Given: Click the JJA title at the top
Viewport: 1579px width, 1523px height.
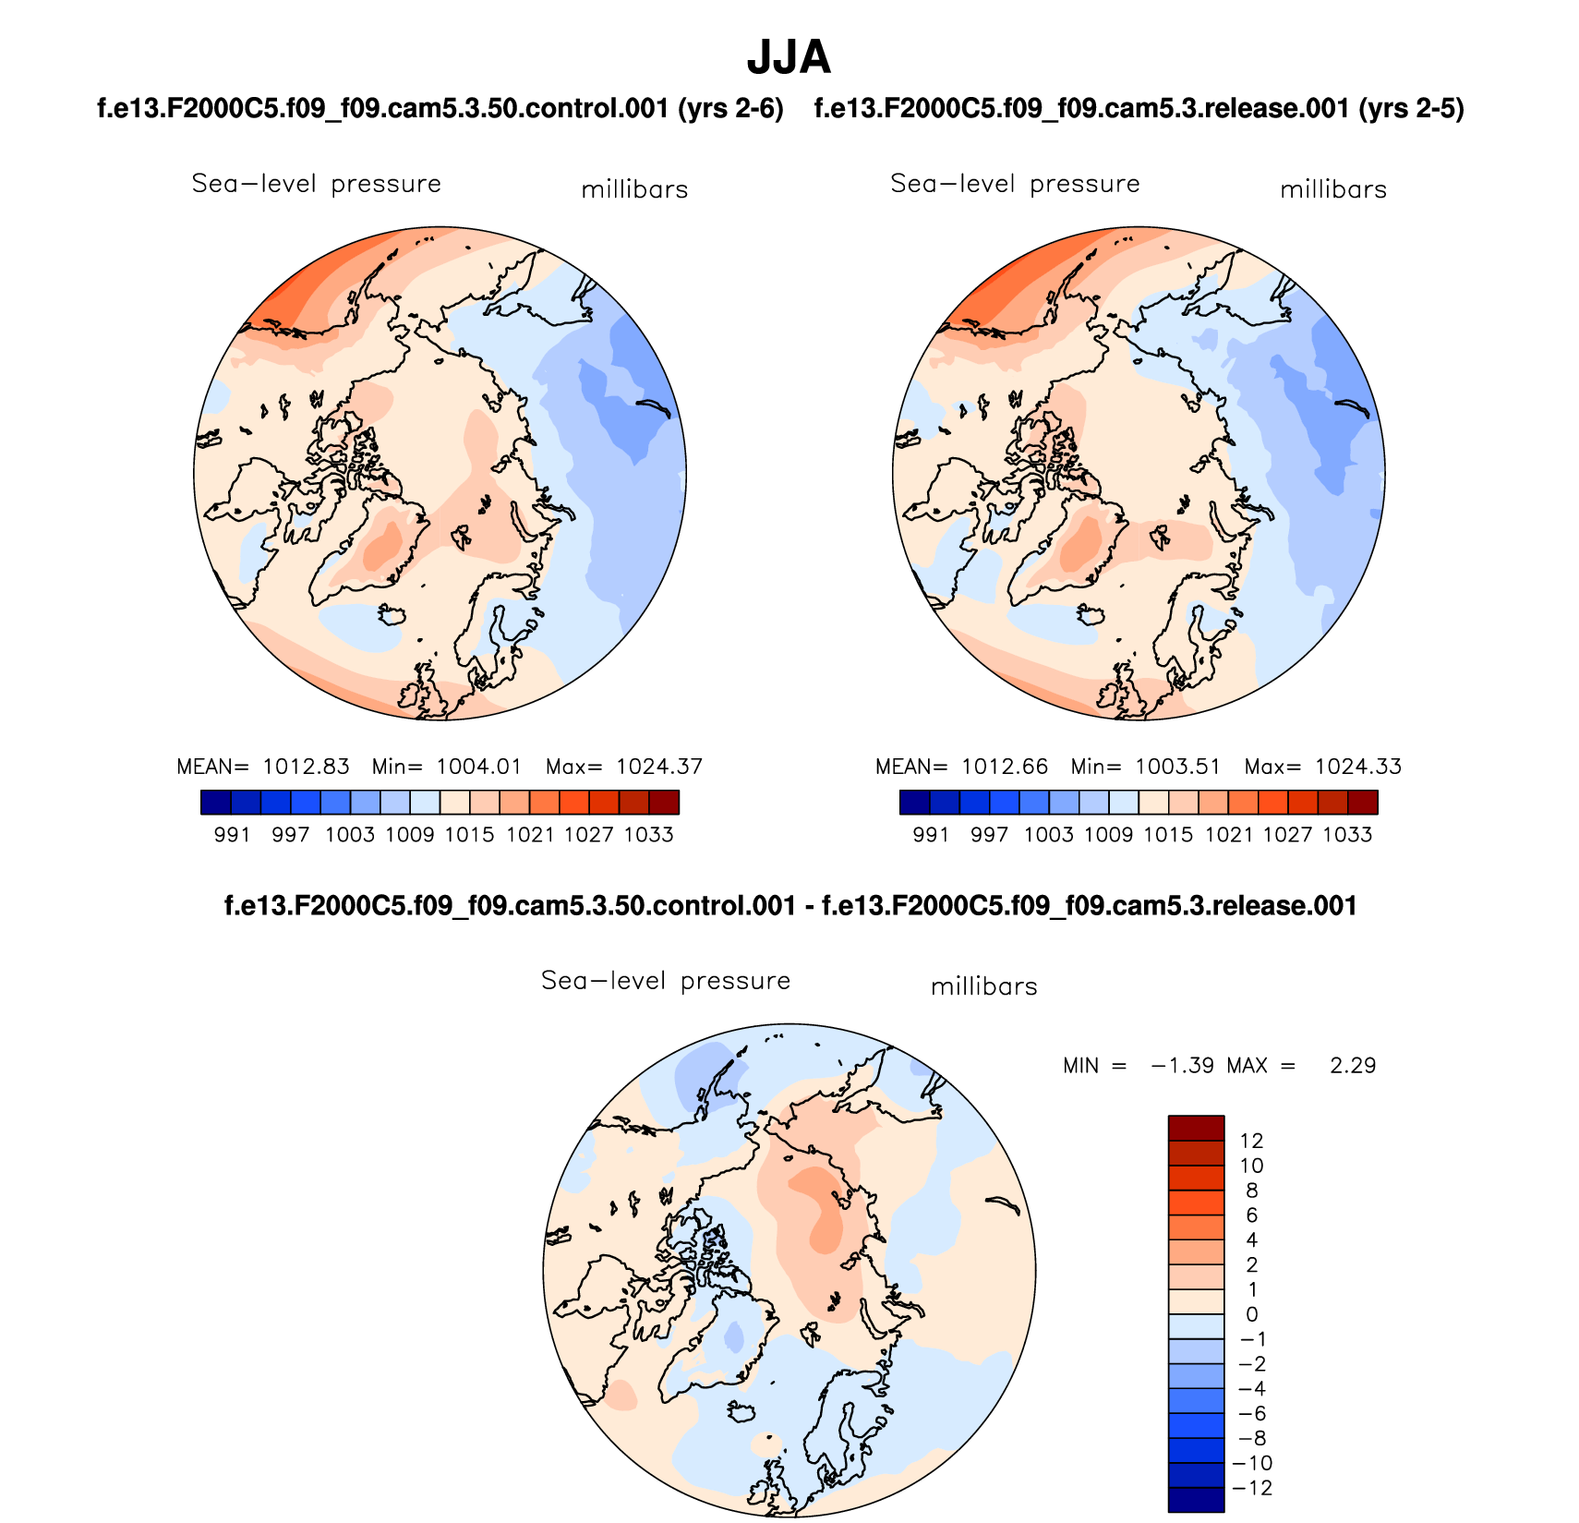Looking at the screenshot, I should [789, 57].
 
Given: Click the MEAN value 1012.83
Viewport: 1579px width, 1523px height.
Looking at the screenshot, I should [306, 767].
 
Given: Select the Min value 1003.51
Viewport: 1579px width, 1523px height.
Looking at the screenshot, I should [1177, 767].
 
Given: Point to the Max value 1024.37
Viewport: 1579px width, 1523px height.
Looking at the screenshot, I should [659, 767].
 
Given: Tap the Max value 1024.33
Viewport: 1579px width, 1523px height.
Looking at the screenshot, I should [1357, 767].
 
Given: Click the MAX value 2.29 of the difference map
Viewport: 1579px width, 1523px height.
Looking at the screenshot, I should [1353, 1065].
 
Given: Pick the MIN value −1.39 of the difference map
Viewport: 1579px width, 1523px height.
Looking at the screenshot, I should [1182, 1065].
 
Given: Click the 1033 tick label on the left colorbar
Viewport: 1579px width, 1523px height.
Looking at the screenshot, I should [648, 835].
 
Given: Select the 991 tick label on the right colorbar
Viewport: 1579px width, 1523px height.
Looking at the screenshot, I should [931, 835].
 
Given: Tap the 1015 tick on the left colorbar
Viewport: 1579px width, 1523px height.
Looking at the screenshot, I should [469, 835].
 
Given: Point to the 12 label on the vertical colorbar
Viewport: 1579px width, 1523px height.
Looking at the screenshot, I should [1252, 1141].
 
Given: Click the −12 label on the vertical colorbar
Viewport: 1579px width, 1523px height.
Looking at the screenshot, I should [1252, 1488].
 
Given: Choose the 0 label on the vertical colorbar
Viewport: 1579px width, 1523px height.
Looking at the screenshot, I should [1252, 1314].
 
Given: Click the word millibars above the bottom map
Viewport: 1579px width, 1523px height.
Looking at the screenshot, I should [983, 986].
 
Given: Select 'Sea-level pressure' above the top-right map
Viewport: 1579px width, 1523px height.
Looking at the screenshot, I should [1015, 184].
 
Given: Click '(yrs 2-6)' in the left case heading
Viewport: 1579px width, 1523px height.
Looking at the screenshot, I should [730, 109].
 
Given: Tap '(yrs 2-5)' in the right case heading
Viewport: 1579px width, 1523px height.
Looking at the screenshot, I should [1411, 109].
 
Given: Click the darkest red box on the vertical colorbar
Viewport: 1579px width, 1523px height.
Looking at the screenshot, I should [1196, 1129].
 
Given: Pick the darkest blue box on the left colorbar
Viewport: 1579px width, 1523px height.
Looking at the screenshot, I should [216, 802].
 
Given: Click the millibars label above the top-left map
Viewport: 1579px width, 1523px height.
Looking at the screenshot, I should [634, 189].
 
